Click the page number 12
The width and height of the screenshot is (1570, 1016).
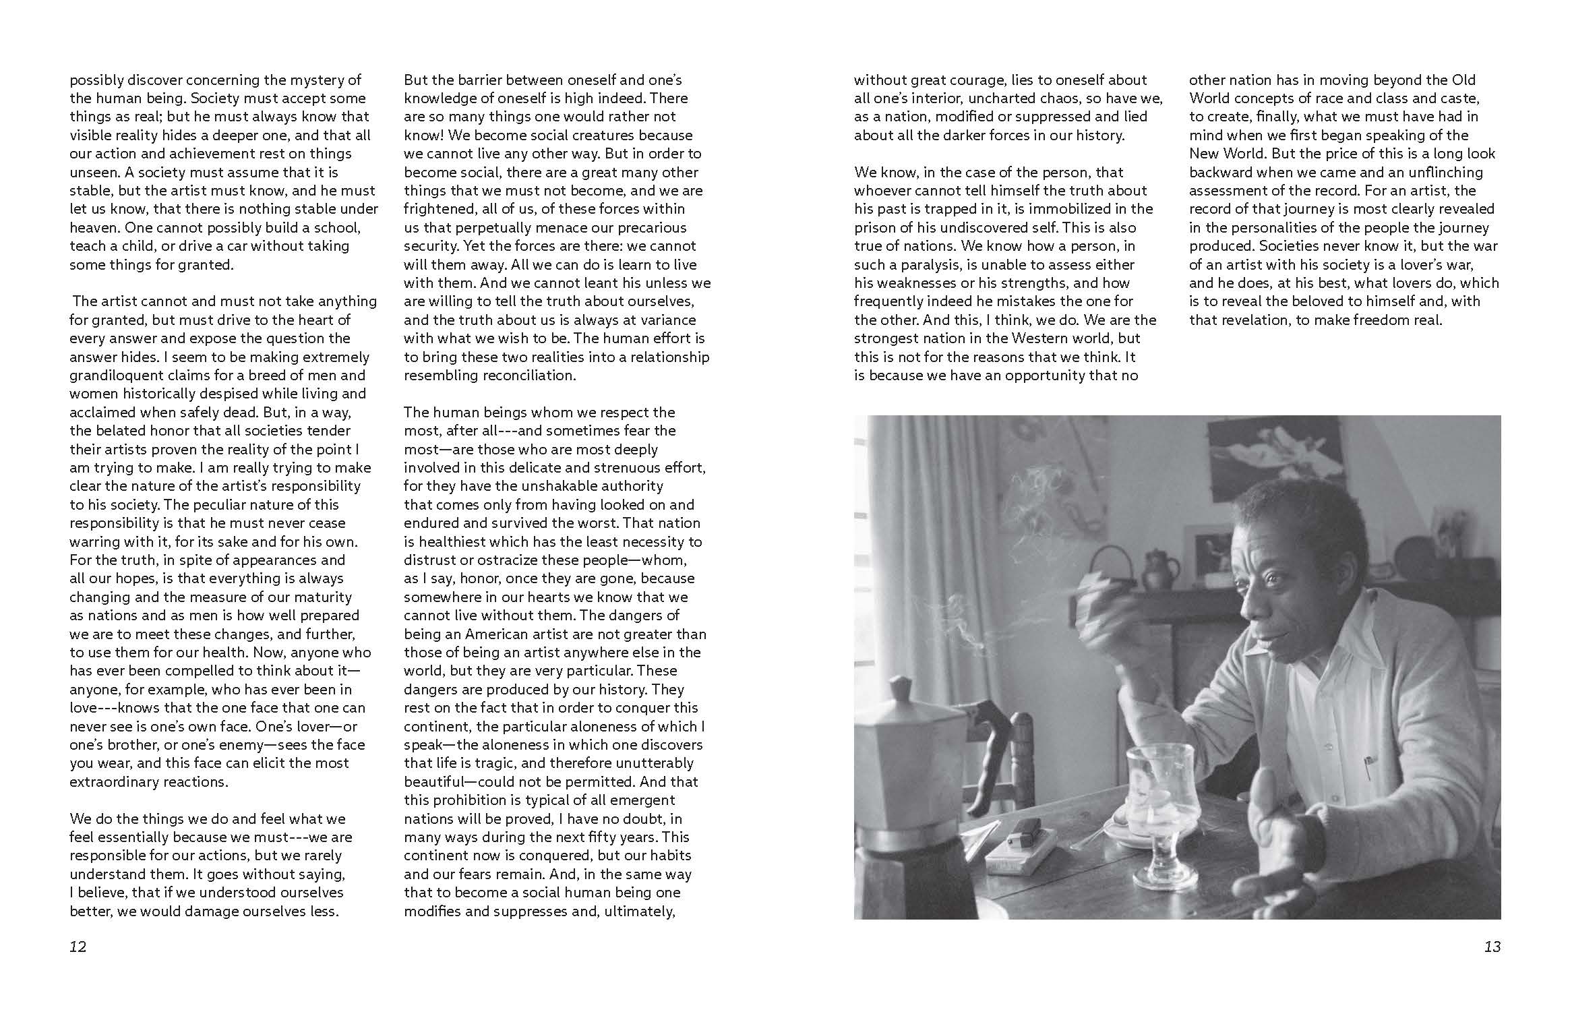pyautogui.click(x=78, y=947)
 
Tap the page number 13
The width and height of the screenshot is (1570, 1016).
pyautogui.click(x=1492, y=947)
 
